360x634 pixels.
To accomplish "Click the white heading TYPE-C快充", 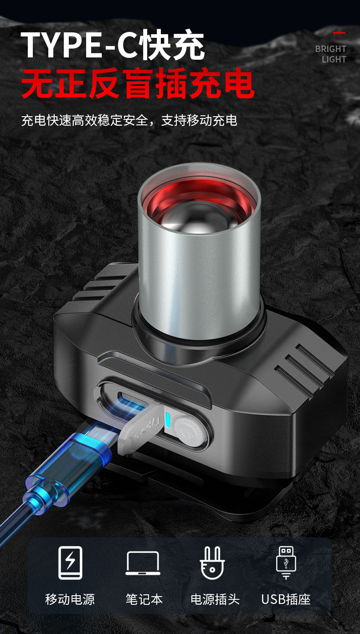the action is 113,45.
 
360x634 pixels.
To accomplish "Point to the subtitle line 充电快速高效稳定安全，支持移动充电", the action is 129,120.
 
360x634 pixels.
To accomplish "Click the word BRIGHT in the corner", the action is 330,49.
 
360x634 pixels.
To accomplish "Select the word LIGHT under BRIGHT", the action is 334,59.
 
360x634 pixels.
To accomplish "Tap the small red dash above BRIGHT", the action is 339,33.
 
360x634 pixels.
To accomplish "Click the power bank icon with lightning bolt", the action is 70,563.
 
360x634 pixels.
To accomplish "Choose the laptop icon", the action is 143,563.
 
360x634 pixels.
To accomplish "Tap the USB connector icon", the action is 286,562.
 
